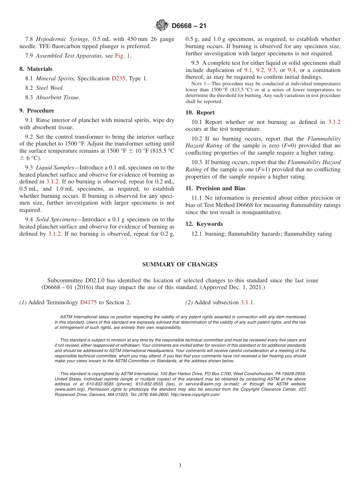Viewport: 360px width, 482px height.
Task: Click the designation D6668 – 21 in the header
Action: click(189, 26)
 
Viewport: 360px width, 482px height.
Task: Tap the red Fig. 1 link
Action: click(123, 56)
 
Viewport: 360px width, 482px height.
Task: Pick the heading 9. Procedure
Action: click(37, 111)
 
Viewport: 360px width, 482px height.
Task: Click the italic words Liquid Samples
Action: click(55, 167)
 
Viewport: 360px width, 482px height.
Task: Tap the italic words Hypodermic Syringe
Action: click(63, 39)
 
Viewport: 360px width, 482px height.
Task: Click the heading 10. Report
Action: click(200, 113)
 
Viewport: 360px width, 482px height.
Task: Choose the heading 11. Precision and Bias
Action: click(215, 188)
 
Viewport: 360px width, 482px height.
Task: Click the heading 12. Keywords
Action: click(204, 224)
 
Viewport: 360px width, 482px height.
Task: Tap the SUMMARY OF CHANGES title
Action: click(180, 264)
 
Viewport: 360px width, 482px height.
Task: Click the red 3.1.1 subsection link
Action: click(247, 302)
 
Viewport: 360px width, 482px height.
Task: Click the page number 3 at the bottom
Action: click(180, 466)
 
